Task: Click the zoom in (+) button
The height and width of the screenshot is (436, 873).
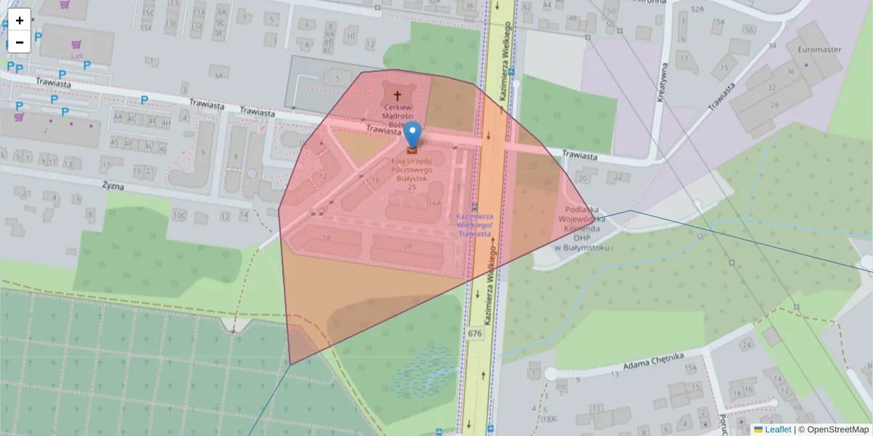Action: [x=20, y=20]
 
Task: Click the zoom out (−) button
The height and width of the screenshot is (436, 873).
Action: [x=20, y=42]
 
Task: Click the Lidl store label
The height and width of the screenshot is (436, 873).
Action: [x=77, y=56]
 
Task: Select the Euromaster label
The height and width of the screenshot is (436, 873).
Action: [x=819, y=49]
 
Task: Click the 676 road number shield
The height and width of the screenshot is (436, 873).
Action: [x=475, y=334]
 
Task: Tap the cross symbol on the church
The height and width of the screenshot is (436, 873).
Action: [x=398, y=95]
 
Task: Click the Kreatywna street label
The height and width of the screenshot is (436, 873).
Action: [x=663, y=82]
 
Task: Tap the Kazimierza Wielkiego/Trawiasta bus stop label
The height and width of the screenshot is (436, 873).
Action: [x=474, y=225]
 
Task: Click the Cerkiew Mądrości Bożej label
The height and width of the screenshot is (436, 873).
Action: [x=398, y=116]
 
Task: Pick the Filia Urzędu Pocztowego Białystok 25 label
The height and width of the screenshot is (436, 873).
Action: [x=412, y=173]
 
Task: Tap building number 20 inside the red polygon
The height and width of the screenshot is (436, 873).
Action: [x=407, y=246]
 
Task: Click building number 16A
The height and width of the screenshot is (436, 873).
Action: [x=435, y=204]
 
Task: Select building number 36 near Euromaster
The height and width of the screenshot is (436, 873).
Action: [x=791, y=71]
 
